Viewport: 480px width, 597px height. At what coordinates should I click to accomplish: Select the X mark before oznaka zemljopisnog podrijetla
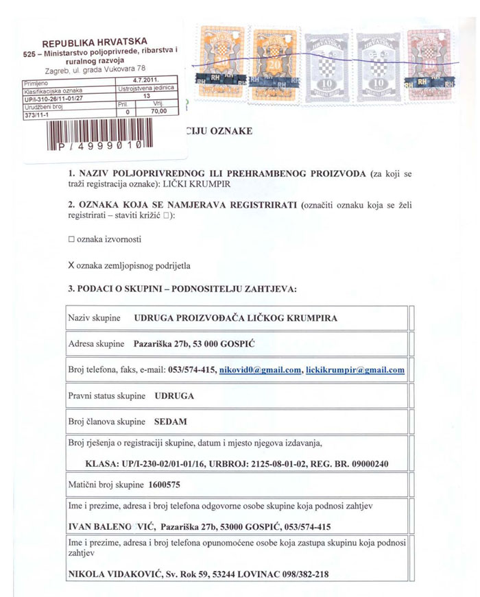click(x=71, y=264)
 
